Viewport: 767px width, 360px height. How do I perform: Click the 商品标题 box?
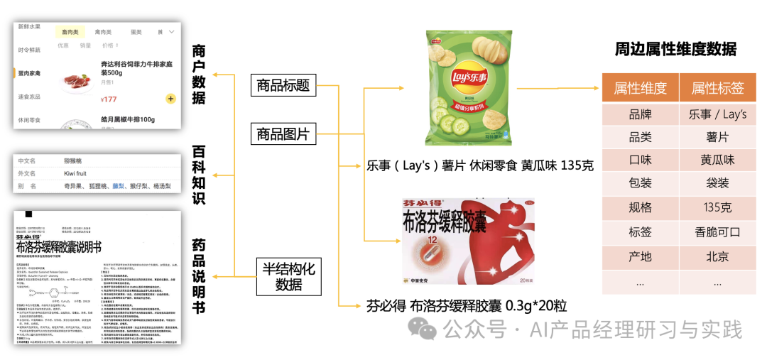tap(283, 85)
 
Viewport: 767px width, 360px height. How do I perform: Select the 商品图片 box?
tap(283, 133)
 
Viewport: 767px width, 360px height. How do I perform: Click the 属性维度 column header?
tap(640, 88)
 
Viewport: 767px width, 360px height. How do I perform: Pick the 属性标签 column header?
tap(717, 88)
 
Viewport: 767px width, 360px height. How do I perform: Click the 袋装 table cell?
tap(717, 183)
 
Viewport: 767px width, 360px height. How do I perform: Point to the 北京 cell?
tap(717, 256)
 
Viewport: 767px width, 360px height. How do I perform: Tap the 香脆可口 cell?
tap(717, 232)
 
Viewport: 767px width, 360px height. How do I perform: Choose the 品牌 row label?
tap(640, 114)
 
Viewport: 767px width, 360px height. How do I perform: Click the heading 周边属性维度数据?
tap(675, 49)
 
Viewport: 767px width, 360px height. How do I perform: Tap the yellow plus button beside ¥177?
tap(170, 99)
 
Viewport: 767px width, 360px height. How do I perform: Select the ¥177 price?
tap(109, 99)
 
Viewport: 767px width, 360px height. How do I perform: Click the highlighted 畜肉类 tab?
tap(70, 32)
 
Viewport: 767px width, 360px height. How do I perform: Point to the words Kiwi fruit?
tap(78, 173)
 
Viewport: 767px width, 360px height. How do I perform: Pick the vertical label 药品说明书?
tap(200, 276)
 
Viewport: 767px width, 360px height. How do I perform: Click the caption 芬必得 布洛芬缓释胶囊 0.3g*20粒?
tap(466, 306)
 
